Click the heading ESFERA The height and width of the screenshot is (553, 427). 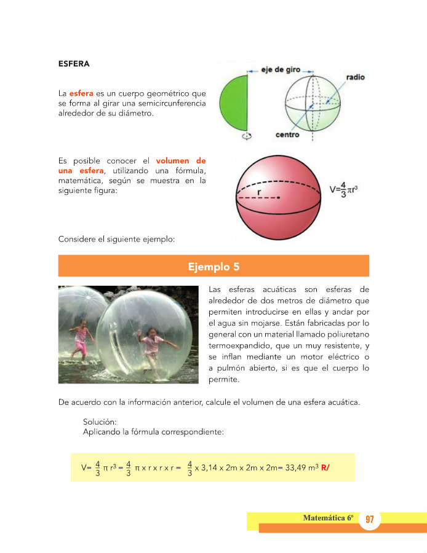point(74,63)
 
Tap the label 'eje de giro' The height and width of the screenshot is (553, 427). point(280,70)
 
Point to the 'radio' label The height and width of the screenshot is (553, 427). point(356,77)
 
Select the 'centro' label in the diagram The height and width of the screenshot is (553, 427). point(287,135)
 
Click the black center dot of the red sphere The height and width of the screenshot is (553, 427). point(279,197)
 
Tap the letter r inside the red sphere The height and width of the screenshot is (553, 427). point(260,192)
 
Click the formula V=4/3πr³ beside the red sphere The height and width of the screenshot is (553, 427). point(344,189)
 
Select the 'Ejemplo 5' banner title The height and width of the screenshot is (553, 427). point(213,267)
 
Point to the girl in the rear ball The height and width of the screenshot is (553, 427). point(81,340)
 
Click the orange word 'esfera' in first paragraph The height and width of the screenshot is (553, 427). point(81,93)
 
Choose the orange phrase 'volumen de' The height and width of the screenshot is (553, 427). point(181,161)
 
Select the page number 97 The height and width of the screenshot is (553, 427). point(369,520)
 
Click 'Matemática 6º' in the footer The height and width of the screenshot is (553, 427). point(328,519)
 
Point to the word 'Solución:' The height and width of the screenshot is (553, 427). point(100,422)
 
